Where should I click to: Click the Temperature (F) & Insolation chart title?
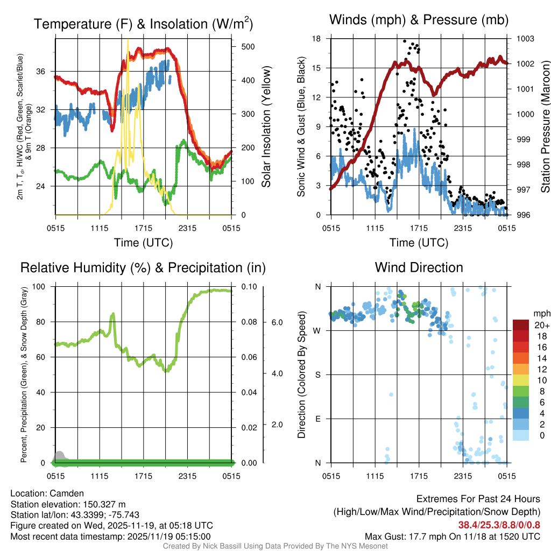click(x=143, y=24)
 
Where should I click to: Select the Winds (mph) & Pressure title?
click(x=419, y=20)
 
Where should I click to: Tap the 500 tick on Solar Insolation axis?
click(x=248, y=47)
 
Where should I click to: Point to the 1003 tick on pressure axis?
click(x=524, y=39)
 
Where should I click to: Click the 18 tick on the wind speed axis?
click(x=317, y=39)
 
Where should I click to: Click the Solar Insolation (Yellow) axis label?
click(x=266, y=126)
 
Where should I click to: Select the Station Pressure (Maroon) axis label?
click(x=545, y=126)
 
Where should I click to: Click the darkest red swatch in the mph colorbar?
click(x=521, y=325)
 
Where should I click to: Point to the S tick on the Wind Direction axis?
click(x=317, y=375)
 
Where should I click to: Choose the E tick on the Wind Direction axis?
click(x=317, y=419)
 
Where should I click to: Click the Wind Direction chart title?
click(x=419, y=267)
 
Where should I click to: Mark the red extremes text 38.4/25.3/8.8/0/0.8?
click(x=499, y=525)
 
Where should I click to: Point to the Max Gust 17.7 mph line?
click(x=452, y=536)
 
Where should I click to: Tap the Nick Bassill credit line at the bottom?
click(x=275, y=546)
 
